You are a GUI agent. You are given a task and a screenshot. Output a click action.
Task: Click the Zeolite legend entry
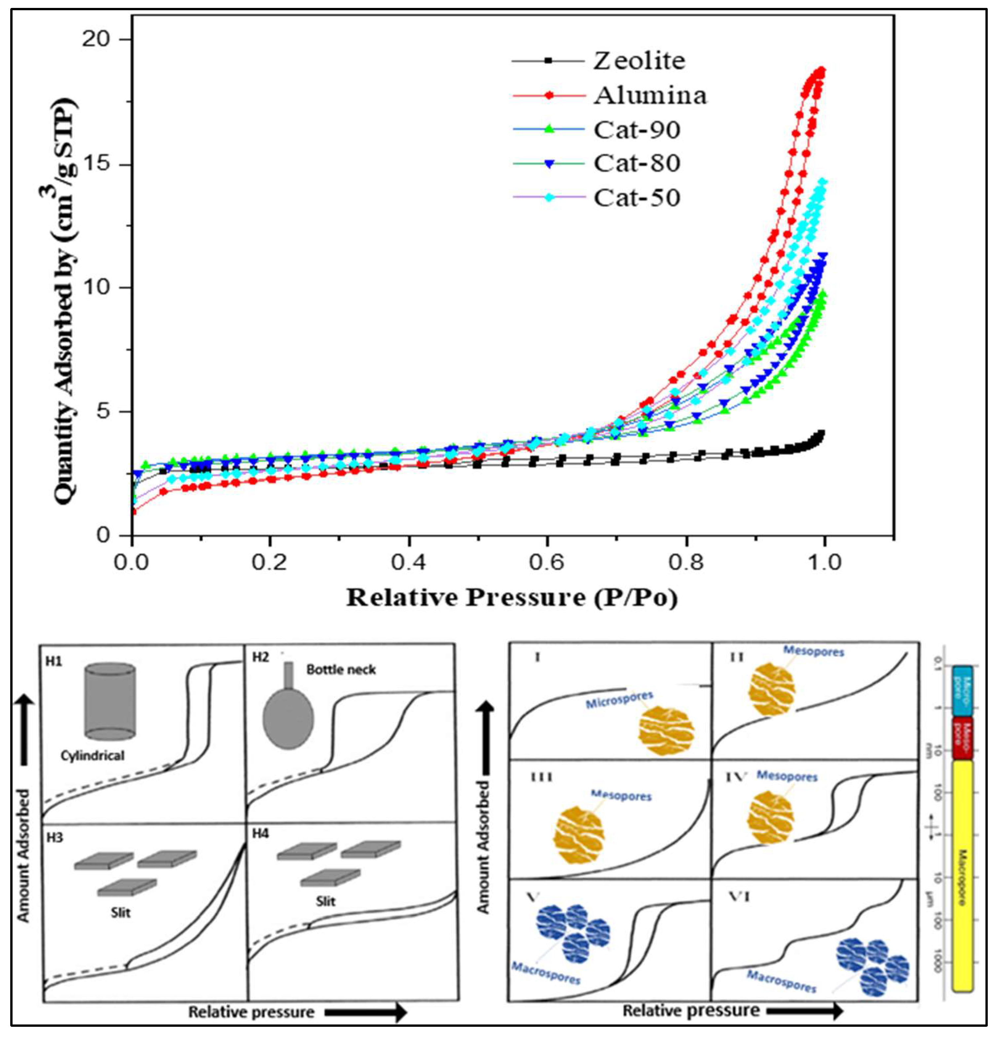639,61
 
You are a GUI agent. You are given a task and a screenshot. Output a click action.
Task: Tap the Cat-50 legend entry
636,198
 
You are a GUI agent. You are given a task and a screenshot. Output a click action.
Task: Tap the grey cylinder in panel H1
110,701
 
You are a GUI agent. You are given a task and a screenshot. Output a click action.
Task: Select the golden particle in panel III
579,835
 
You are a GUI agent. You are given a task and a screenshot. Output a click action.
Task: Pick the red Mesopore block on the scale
962,738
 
